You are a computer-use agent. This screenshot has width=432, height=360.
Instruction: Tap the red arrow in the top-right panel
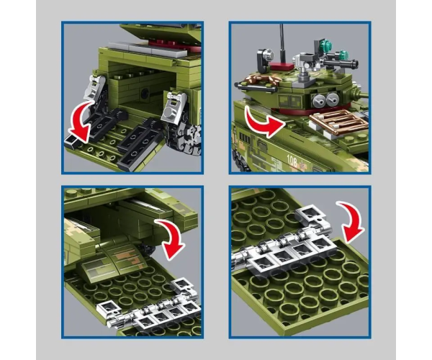pos(263,125)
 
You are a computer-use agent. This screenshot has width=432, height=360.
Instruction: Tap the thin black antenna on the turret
pos(282,44)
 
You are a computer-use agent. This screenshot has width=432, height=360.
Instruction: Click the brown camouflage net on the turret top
pos(259,79)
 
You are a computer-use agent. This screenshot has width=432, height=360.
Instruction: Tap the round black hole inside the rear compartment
pos(145,94)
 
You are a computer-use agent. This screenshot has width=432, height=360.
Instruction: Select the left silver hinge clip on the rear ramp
pos(94,88)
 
